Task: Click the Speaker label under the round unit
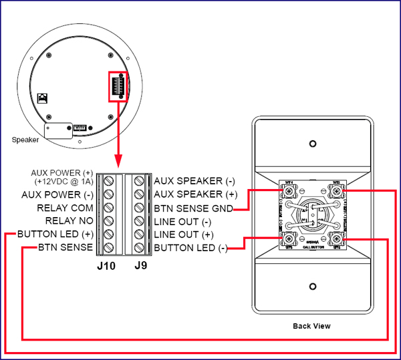click(25, 140)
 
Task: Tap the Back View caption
click(311, 326)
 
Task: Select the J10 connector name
click(106, 265)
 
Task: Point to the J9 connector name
click(140, 265)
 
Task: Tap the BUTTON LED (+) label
click(55, 234)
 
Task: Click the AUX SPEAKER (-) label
click(194, 180)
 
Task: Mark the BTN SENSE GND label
click(193, 208)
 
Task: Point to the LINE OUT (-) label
click(182, 221)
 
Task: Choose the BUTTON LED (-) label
click(190, 248)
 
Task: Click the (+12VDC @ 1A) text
click(60, 181)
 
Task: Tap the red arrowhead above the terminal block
click(118, 162)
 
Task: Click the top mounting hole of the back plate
click(311, 144)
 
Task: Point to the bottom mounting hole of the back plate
click(311, 287)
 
